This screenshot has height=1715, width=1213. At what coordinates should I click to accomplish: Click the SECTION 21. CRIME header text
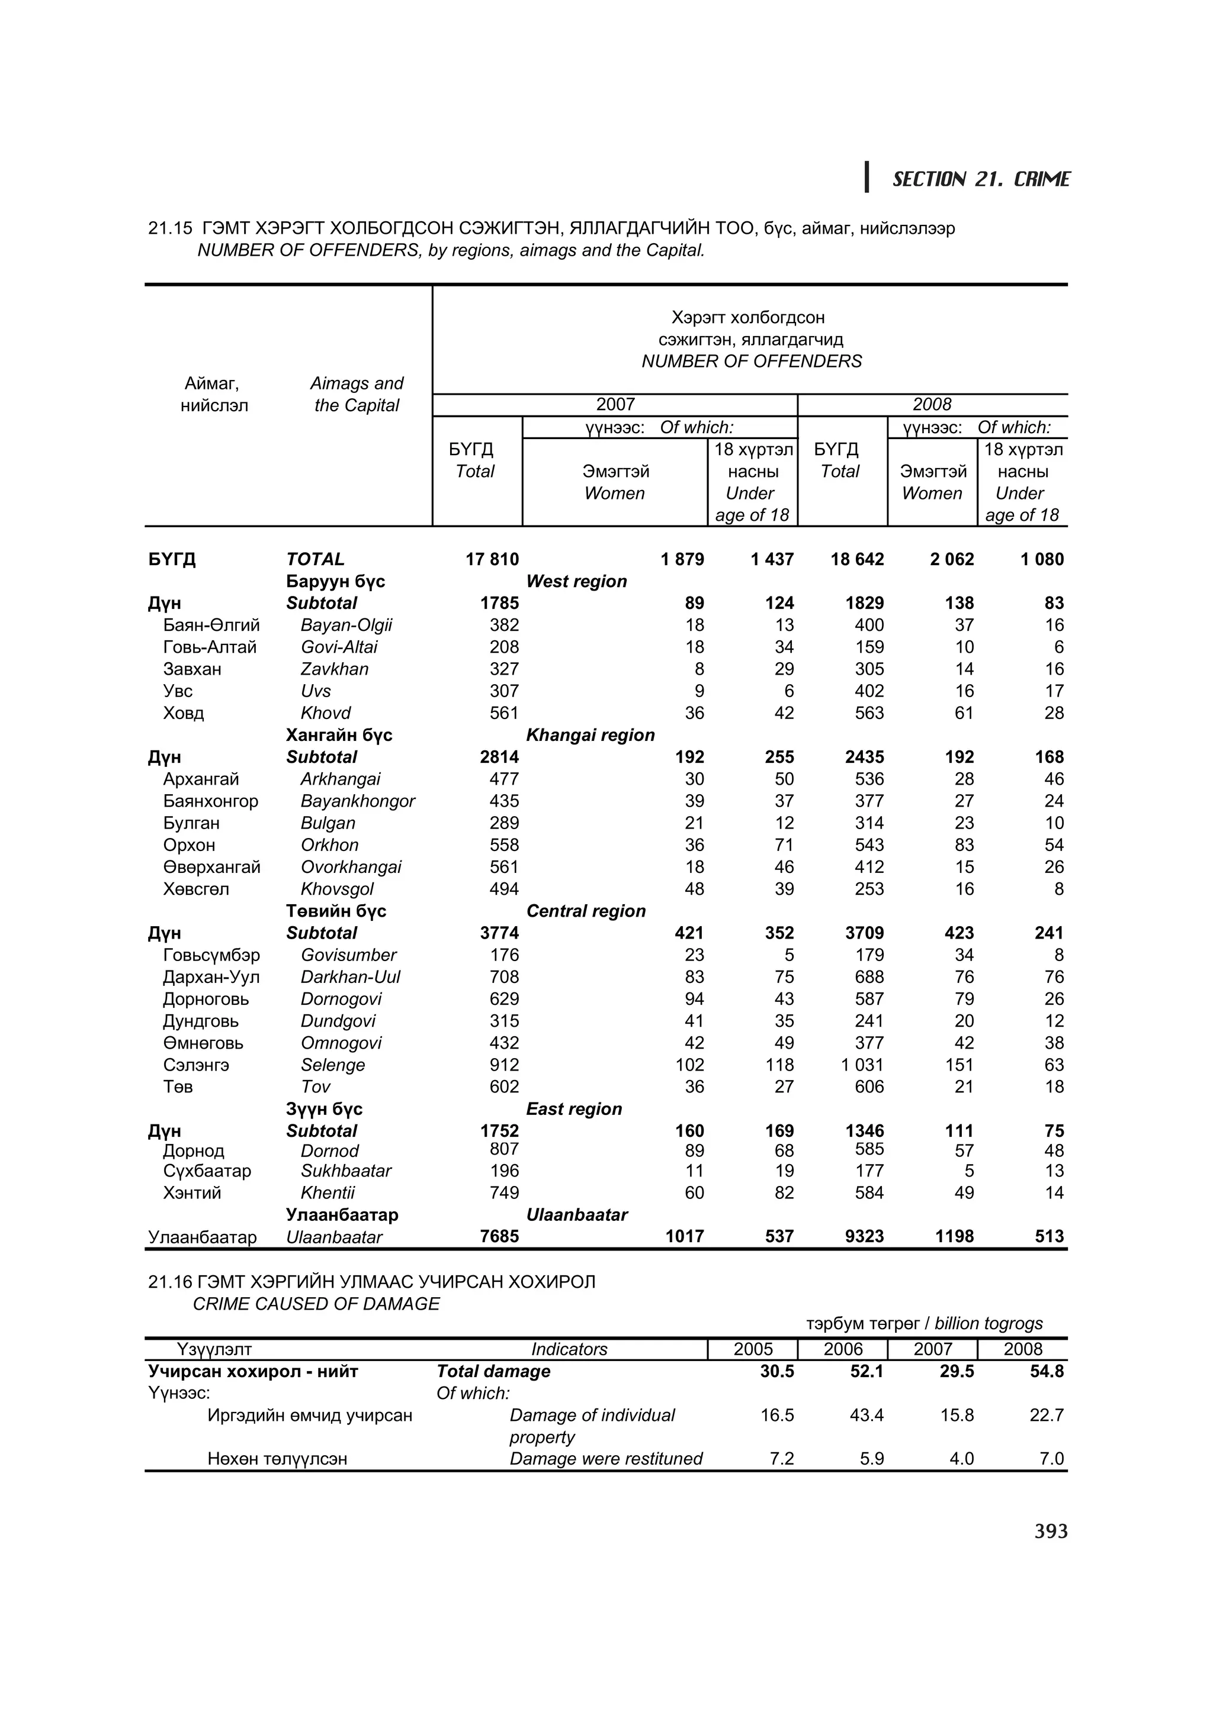(x=981, y=179)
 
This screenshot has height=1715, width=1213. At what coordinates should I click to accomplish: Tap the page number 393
(x=1051, y=1532)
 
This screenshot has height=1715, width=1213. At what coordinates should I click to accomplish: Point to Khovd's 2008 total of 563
(x=869, y=713)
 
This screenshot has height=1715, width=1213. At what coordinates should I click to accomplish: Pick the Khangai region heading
(x=591, y=735)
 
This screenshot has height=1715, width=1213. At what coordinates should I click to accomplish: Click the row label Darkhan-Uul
(x=350, y=977)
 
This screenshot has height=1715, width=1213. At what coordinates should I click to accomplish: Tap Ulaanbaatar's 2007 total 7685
(x=499, y=1236)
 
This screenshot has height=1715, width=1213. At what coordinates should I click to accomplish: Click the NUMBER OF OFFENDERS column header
(x=751, y=362)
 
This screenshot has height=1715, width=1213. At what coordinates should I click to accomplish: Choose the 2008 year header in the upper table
(x=932, y=405)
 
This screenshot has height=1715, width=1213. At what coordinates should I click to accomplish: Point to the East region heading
(x=574, y=1109)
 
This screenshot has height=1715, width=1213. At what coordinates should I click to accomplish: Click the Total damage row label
(x=493, y=1371)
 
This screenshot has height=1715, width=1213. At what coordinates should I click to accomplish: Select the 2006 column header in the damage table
(x=842, y=1349)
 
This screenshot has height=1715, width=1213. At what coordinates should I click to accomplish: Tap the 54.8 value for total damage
(x=1047, y=1371)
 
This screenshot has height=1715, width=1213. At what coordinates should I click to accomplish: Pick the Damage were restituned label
(x=606, y=1459)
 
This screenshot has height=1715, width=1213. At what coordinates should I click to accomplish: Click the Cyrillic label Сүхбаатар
(x=207, y=1171)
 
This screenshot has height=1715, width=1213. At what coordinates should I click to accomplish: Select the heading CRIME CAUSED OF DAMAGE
(x=316, y=1304)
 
